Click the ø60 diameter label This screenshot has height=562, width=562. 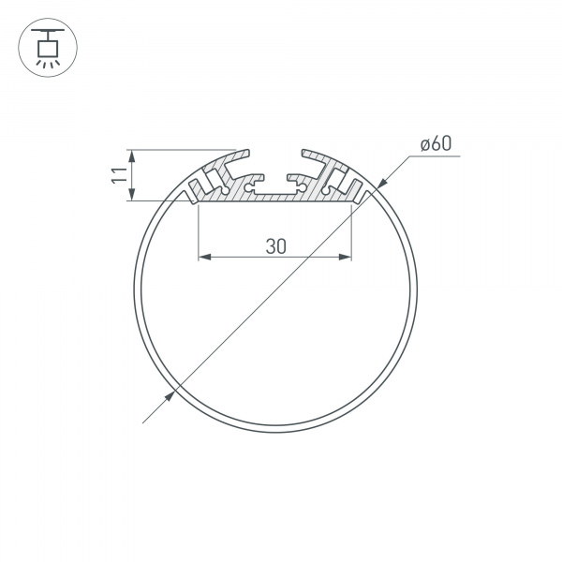(436, 144)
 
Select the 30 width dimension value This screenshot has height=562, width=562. (274, 246)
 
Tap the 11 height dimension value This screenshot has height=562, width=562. (116, 174)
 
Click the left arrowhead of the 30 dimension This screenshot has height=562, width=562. (203, 257)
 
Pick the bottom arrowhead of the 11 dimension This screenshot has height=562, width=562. (132, 195)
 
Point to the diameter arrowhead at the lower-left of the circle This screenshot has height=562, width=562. (169, 394)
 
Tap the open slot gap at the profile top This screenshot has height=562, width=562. (276, 155)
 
